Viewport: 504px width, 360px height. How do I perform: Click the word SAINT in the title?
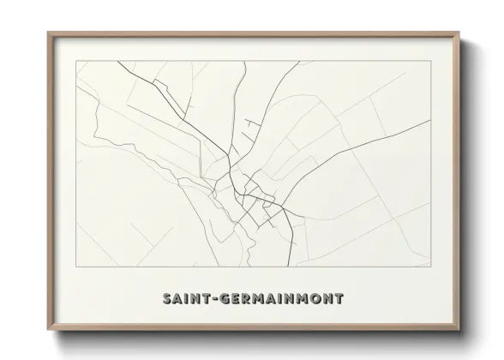(184, 299)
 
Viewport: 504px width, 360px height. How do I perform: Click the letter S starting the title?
(165, 299)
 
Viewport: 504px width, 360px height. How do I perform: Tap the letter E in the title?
(235, 299)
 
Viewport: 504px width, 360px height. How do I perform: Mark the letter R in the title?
(247, 299)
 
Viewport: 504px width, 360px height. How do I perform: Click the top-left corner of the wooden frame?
(48, 33)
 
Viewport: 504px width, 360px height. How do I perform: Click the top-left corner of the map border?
(76, 62)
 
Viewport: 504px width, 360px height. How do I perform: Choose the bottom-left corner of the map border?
(76, 267)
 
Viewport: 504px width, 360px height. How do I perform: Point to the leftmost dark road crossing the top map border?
(119, 62)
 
